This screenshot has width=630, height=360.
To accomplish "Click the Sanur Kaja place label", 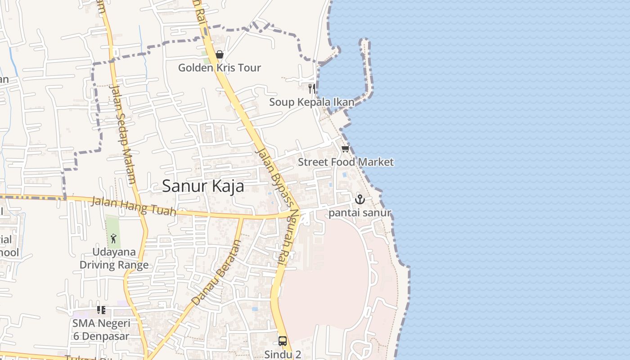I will pyautogui.click(x=203, y=186).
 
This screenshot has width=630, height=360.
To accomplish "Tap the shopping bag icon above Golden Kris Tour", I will pyautogui.click(x=220, y=55).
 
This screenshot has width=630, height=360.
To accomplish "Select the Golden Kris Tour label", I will pyautogui.click(x=220, y=68).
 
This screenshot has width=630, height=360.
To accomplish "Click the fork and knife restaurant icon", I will pyautogui.click(x=311, y=88).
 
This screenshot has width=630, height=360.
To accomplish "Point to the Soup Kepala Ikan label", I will pyautogui.click(x=311, y=102).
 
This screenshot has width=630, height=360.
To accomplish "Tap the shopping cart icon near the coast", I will pyautogui.click(x=345, y=149).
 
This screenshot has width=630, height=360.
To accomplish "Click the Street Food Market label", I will pyautogui.click(x=346, y=162).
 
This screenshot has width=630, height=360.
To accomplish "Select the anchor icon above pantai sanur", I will pyautogui.click(x=360, y=199).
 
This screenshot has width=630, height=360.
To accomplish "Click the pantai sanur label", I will pyautogui.click(x=360, y=213).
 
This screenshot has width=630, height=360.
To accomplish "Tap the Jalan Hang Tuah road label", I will pyautogui.click(x=133, y=206).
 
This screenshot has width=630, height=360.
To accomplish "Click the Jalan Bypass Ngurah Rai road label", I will pyautogui.click(x=277, y=205).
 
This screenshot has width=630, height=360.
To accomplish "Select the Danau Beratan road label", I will pyautogui.click(x=216, y=273).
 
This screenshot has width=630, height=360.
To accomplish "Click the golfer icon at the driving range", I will pyautogui.click(x=113, y=238).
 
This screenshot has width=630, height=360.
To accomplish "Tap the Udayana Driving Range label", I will pyautogui.click(x=114, y=258).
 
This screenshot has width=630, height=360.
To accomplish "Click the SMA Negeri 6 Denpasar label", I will pyautogui.click(x=101, y=329).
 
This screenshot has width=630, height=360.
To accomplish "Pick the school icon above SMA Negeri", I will pyautogui.click(x=101, y=310).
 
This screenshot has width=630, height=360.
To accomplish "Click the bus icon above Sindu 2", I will pyautogui.click(x=283, y=341).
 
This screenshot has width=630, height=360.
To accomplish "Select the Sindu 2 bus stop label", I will pyautogui.click(x=283, y=354).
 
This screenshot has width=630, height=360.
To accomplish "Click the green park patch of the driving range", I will pyautogui.click(x=113, y=225).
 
